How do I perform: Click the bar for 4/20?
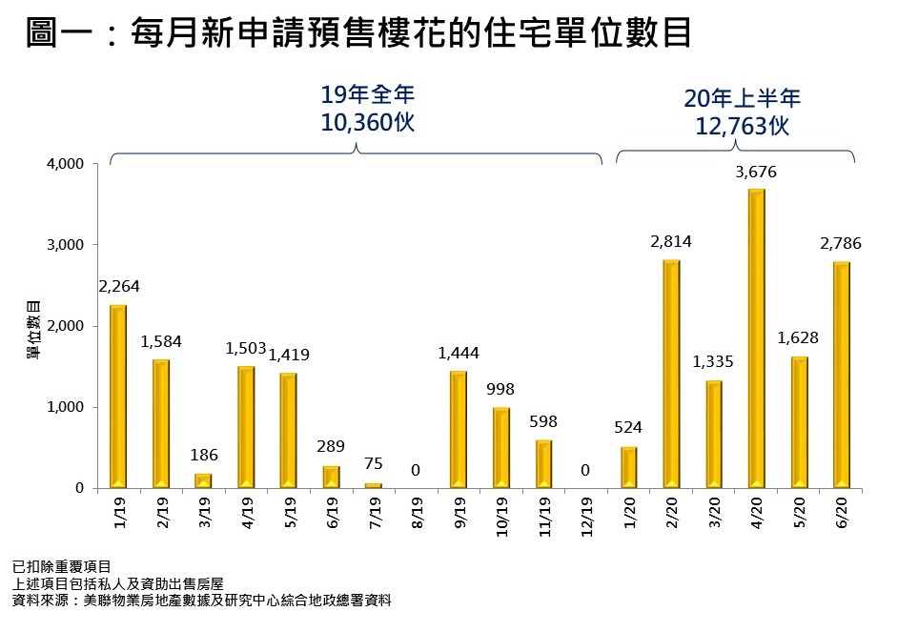click(756, 338)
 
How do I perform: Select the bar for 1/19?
click(118, 397)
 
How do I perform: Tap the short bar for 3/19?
click(203, 480)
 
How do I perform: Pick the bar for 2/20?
click(671, 374)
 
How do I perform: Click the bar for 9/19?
click(459, 429)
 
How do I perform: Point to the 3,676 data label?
click(756, 172)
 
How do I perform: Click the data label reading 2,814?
click(671, 242)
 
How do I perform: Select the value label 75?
click(373, 464)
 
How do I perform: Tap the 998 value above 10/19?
click(500, 390)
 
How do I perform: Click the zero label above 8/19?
click(416, 470)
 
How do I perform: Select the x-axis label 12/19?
click(586, 516)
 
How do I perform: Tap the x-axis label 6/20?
click(843, 512)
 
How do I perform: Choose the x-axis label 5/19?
click(289, 512)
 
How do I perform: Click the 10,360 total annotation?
click(368, 123)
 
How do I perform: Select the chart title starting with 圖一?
click(358, 35)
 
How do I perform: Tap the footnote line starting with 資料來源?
click(201, 601)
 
